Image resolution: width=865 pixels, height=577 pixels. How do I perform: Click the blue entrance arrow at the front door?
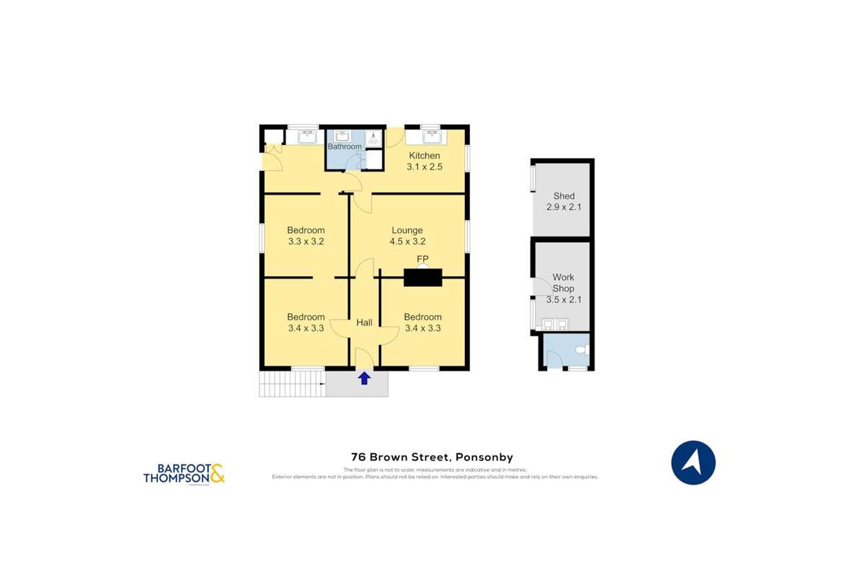(x=364, y=378)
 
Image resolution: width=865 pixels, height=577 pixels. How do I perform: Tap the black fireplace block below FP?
(x=422, y=277)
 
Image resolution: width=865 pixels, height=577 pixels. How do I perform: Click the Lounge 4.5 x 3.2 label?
(x=407, y=236)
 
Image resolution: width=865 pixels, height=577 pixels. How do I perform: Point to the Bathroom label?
(x=345, y=146)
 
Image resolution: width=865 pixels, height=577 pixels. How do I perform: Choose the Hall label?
(x=364, y=322)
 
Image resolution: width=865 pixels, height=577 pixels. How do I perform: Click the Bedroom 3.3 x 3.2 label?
(x=306, y=236)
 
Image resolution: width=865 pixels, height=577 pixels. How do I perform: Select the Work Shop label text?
(x=564, y=283)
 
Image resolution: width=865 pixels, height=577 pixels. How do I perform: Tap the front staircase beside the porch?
(x=292, y=383)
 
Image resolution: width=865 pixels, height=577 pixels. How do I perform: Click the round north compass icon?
(x=693, y=462)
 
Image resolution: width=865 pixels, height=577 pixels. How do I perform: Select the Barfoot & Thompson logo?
(x=184, y=473)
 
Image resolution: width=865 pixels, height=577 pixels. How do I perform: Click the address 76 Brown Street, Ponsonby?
(x=432, y=457)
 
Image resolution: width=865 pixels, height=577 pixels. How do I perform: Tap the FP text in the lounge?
(x=422, y=259)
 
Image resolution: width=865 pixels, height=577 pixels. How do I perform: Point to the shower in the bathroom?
(x=374, y=137)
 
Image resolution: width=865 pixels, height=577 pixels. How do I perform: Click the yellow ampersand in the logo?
(x=218, y=473)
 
